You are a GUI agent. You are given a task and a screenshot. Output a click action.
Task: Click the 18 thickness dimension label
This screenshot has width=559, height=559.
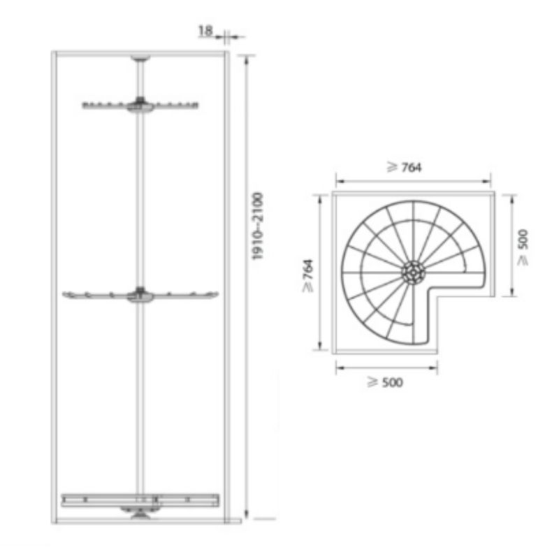tap(205, 31)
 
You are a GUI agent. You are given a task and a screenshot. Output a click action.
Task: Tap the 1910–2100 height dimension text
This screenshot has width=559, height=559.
tap(257, 226)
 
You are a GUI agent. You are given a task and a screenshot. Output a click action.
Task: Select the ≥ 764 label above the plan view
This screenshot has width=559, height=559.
tap(405, 167)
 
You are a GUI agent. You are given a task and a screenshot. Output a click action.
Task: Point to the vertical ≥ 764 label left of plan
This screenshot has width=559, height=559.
tap(307, 275)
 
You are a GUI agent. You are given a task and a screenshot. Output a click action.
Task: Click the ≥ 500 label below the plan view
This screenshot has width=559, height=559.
tap(385, 382)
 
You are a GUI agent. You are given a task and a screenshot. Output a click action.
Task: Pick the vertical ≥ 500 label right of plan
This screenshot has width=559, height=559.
tap(523, 247)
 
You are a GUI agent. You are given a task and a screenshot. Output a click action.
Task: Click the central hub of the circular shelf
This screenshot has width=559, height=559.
tap(413, 273)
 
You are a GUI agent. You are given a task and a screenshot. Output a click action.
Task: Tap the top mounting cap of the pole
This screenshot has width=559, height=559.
tap(140, 58)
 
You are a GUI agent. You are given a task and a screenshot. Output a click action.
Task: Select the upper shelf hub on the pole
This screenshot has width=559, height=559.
tap(140, 106)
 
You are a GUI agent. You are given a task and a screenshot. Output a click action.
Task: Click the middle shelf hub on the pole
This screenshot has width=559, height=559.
tap(140, 295)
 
